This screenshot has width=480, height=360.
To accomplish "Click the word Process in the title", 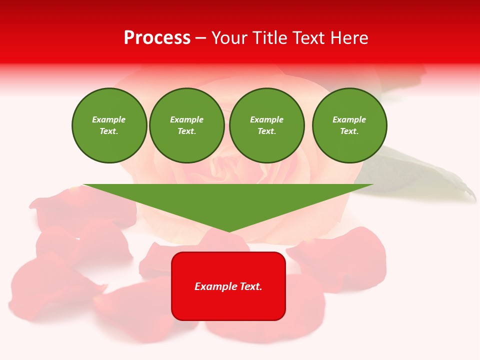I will coord(157,38).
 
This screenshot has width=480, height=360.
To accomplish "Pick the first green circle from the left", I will coord(109,125).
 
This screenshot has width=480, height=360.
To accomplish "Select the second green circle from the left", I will coord(187,125).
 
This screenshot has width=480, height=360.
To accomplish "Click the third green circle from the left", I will coord(266,125).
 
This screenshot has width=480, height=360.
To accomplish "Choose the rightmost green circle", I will coord(349,125).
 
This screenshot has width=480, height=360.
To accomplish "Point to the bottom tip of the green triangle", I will coord(229,231).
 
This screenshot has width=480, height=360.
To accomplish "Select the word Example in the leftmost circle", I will coord(109,119).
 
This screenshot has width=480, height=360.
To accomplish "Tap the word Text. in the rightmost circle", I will coord(349,131).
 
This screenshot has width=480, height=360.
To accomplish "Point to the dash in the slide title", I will coord(200,38).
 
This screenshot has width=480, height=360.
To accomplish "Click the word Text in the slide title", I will coord(308,38).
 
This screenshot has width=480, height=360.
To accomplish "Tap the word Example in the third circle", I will coord(266,119).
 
